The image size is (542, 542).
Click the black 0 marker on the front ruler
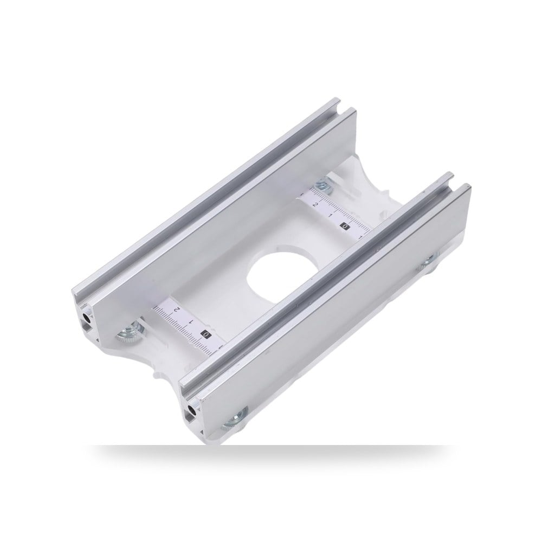[x=205, y=334]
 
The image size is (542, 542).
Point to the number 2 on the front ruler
[x=177, y=309]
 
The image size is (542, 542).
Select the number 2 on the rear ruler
[x=315, y=205]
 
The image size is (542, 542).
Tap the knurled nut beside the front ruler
[x=129, y=331]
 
